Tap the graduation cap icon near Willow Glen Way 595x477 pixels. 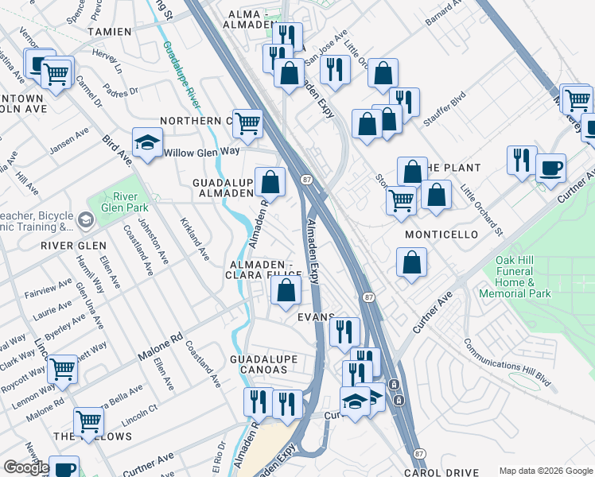[x=146, y=142]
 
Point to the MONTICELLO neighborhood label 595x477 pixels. [x=441, y=235]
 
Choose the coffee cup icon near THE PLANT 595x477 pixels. [x=550, y=169]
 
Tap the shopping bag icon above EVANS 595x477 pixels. [x=286, y=292]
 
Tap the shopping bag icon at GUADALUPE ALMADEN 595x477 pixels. [x=270, y=182]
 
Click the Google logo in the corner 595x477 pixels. [x=26, y=467]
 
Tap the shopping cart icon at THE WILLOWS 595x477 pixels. [x=88, y=421]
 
